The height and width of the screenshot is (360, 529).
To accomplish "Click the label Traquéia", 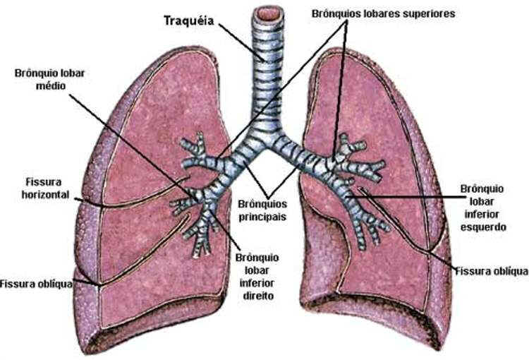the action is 188,19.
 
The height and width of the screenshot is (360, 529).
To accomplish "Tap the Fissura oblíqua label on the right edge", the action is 492,270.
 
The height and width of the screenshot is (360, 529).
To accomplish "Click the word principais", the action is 262,216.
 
